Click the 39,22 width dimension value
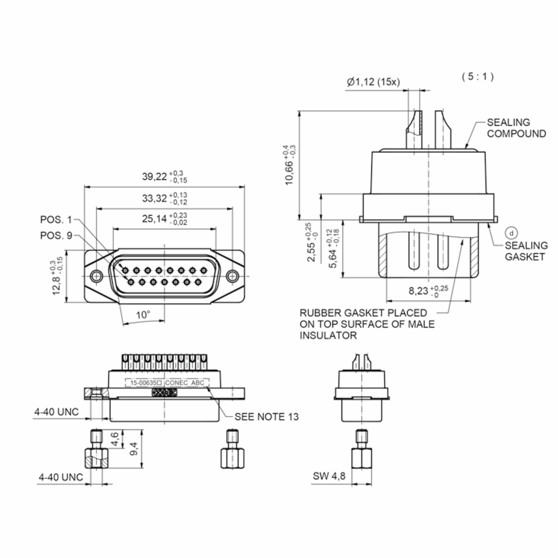tap(155, 176)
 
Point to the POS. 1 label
tap(56, 220)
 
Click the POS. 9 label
tap(56, 236)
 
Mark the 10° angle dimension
tap(143, 315)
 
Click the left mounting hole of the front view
tap(96, 276)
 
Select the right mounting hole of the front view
tap(232, 276)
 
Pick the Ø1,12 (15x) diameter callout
tap(373, 82)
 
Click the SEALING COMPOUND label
tap(516, 128)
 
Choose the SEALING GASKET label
tap(526, 251)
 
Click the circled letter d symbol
tap(511, 233)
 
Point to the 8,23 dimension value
tap(418, 291)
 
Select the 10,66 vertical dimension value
tap(289, 173)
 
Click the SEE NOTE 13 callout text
tap(266, 417)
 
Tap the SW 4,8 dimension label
tap(329, 476)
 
